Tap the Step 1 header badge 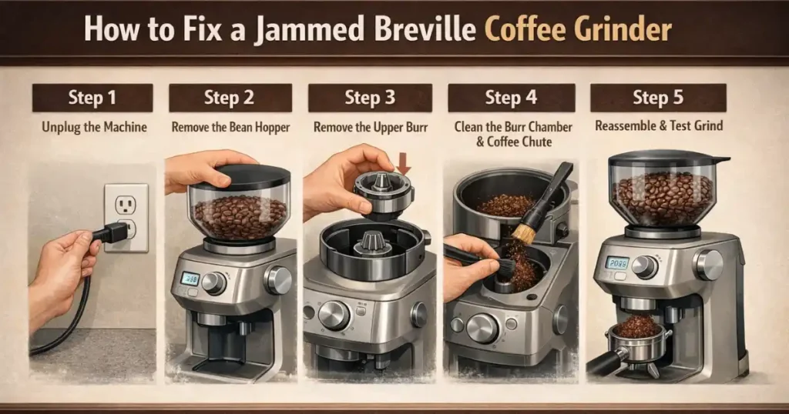coord(92,98)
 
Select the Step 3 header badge coord(369,98)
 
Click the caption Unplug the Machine coord(92,125)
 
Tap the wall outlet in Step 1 coord(126,216)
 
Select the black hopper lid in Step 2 coord(235,175)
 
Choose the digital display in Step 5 coord(617,263)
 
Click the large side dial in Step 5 coord(708,264)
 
